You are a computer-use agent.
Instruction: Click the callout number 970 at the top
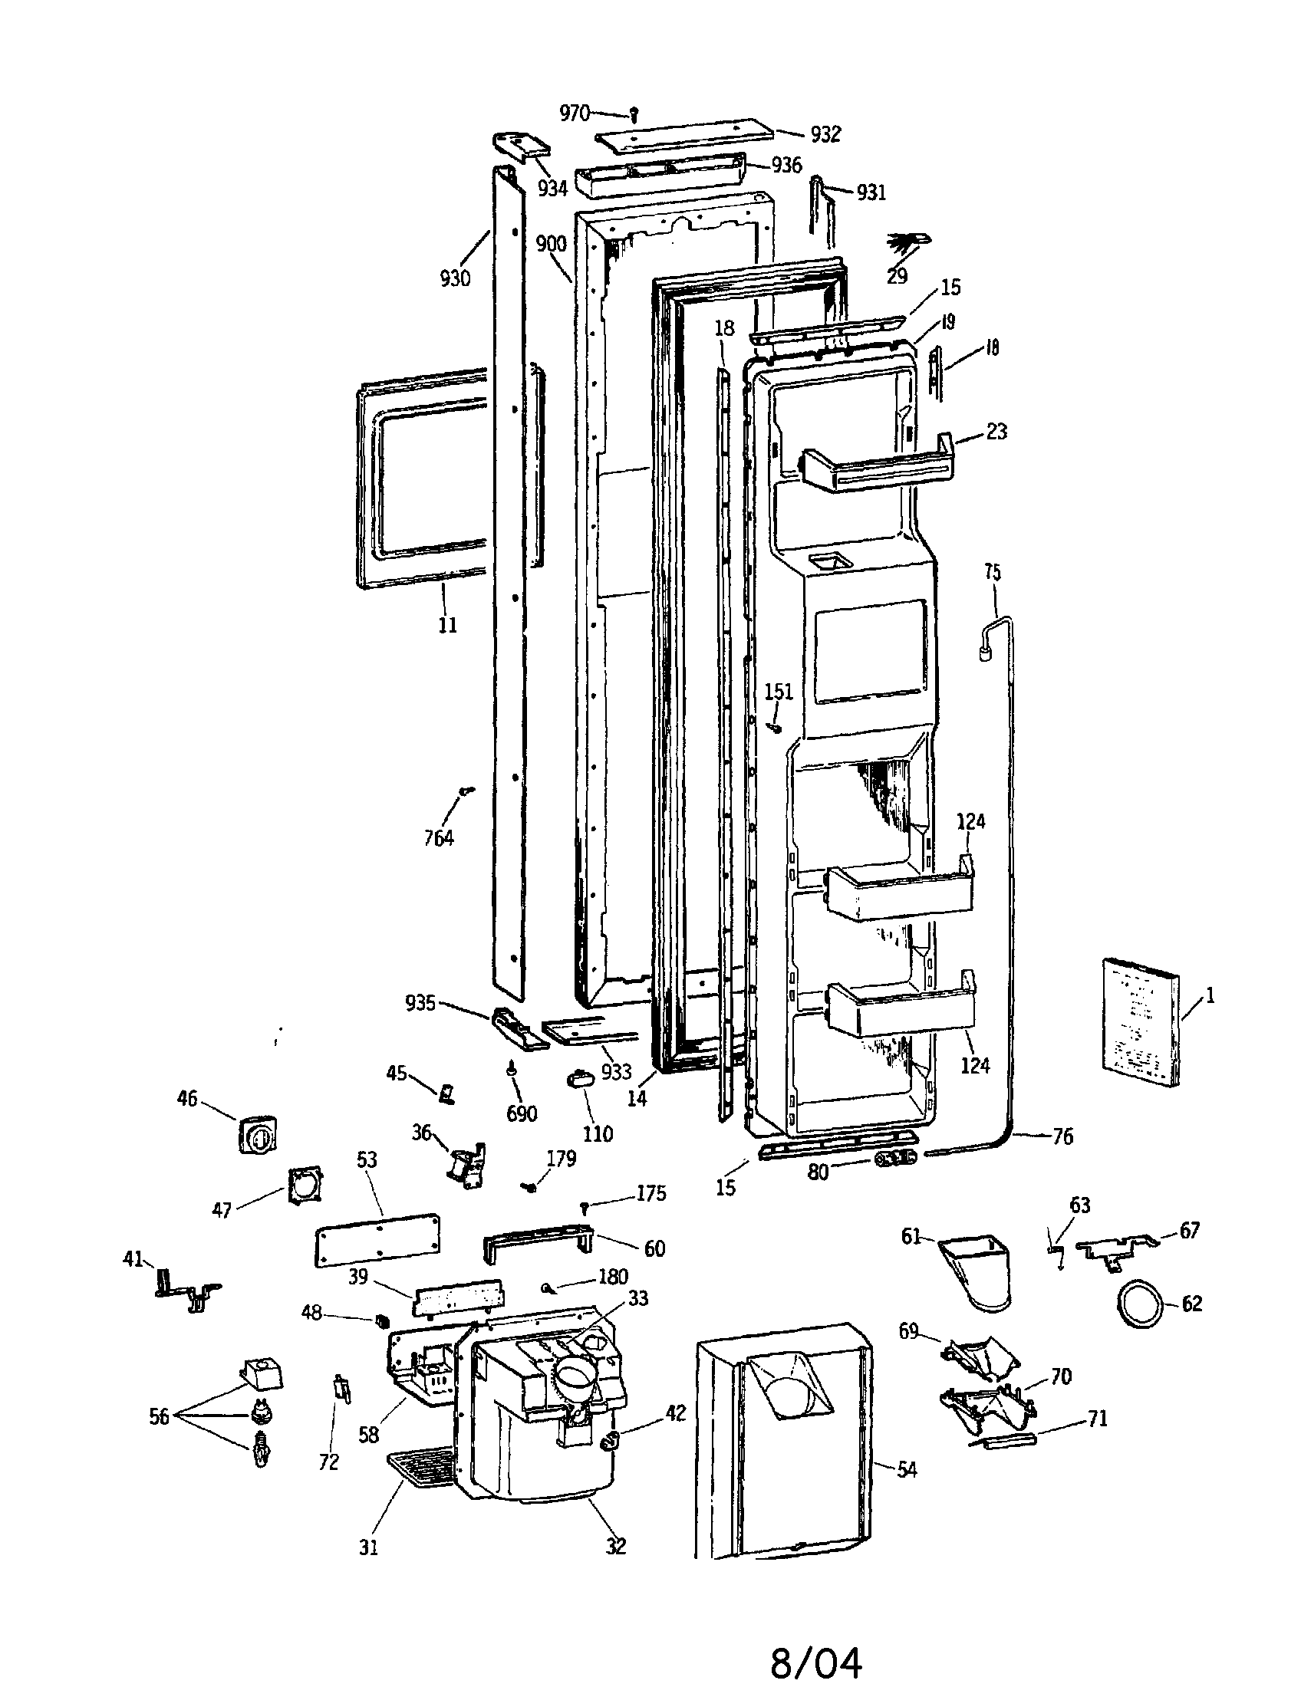574,113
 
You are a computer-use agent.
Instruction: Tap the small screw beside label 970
634,115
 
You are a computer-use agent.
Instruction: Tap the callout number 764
439,837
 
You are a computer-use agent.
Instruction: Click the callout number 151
779,692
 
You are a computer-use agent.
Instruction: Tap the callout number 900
552,244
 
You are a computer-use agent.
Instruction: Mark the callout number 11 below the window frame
447,625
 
